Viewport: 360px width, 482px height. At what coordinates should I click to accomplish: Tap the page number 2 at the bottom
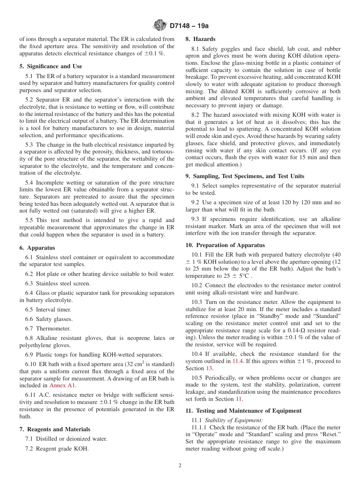point(180,466)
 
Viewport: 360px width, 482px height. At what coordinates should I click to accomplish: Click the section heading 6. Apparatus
point(37,248)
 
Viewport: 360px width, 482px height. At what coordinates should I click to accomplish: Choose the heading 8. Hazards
point(200,39)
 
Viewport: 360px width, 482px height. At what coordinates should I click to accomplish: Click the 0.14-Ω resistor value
point(292,330)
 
